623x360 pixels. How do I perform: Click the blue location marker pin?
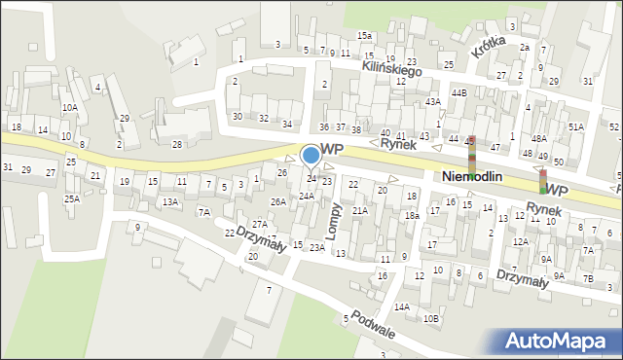point(311,155)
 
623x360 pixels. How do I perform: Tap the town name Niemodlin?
point(471,177)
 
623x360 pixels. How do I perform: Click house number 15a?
point(364,36)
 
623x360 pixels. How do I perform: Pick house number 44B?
point(458,92)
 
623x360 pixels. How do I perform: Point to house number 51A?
point(576,127)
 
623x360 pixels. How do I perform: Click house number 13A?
point(170,202)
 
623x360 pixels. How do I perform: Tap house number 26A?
point(278,202)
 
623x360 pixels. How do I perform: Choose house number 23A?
point(316,248)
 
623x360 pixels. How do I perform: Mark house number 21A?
point(359,211)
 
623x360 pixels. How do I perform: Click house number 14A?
point(401,306)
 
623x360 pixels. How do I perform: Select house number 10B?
point(431,318)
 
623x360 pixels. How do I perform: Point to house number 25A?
point(72,198)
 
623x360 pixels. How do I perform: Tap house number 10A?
point(69,108)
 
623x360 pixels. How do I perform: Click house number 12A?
point(521,241)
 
